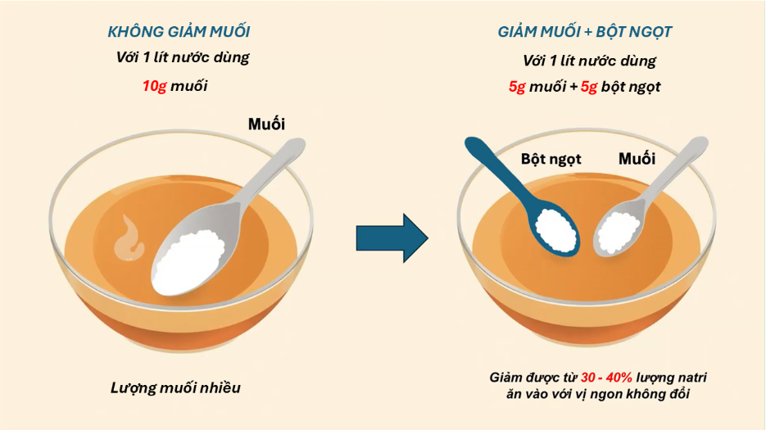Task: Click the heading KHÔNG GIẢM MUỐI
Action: click(179, 32)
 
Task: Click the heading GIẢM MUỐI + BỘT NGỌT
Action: click(585, 32)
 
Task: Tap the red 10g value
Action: click(154, 86)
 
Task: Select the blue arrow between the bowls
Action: click(392, 238)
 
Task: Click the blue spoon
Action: click(528, 201)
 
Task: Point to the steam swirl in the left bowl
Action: click(129, 238)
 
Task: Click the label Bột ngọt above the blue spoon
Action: click(551, 159)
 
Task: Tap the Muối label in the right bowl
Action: click(637, 158)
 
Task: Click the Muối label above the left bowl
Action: click(266, 124)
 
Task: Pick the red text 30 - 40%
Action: click(606, 378)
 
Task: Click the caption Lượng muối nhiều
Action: click(175, 388)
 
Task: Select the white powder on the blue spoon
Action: click(556, 229)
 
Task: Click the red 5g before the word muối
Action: click(517, 87)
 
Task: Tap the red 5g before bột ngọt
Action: click(589, 87)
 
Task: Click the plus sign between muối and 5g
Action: click(573, 88)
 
